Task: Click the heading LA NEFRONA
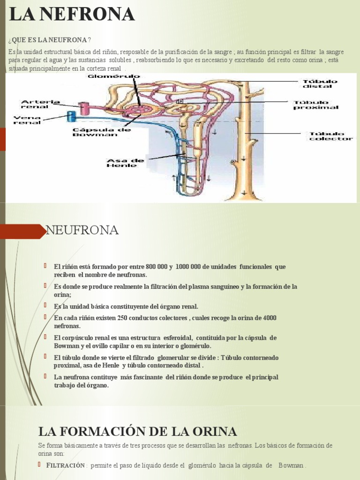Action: click(x=72, y=15)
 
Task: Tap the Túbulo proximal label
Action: click(x=315, y=104)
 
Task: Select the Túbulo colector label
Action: click(x=330, y=136)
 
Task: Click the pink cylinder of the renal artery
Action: click(x=84, y=108)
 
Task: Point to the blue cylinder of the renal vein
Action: click(x=71, y=116)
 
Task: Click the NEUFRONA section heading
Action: click(x=82, y=230)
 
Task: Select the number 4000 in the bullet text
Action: click(x=269, y=318)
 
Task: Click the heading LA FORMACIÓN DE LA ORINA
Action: click(x=137, y=431)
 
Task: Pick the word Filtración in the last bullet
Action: click(x=65, y=465)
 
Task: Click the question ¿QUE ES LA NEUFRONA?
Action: click(x=50, y=39)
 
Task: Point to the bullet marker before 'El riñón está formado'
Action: click(x=46, y=266)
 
